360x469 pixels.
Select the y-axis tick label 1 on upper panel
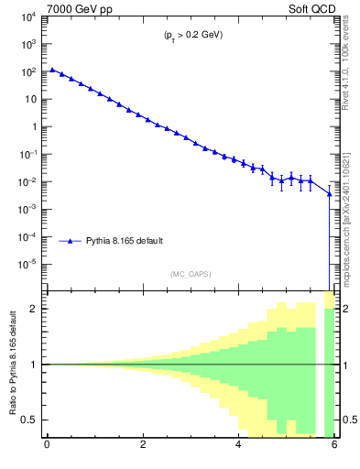click(32, 126)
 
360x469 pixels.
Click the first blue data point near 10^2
click(52, 70)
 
